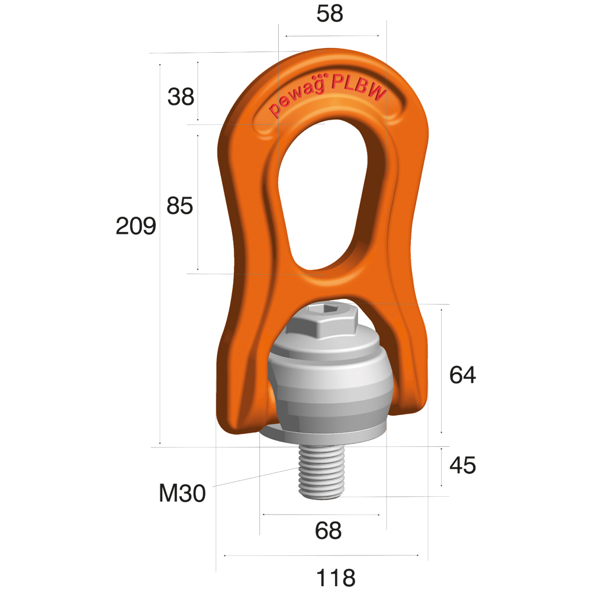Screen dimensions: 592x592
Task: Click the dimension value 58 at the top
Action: (330, 14)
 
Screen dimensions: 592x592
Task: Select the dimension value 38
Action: (181, 96)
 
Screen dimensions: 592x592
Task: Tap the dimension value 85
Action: (179, 206)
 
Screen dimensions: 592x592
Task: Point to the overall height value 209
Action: (136, 226)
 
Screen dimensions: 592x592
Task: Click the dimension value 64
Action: (462, 375)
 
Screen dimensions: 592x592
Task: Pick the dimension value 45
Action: (462, 466)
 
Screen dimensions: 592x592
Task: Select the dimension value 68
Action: (329, 531)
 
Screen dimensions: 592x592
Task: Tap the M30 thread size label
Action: (182, 493)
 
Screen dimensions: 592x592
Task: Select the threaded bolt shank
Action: (321, 472)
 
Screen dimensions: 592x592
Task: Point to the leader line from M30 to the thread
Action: (255, 477)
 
